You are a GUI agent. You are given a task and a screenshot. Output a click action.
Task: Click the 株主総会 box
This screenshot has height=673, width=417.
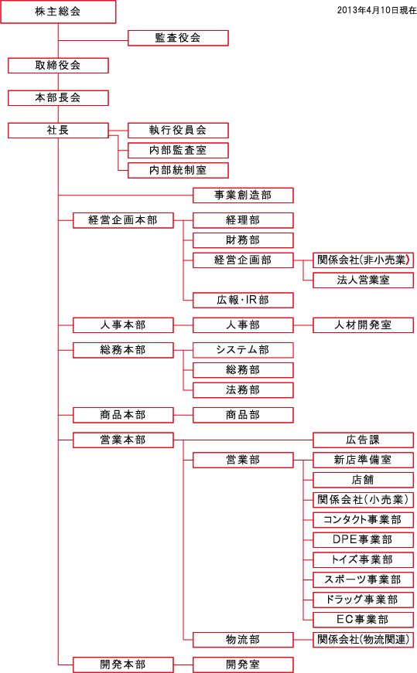coord(58,12)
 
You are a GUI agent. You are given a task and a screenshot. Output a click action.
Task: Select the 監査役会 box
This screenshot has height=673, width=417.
coord(178,38)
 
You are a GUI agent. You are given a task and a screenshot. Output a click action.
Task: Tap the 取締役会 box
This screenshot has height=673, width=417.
coord(58,65)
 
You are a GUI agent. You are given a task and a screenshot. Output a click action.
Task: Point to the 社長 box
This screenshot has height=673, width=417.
coord(58,130)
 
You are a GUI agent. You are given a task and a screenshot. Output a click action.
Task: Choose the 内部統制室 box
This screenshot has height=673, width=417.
coord(178,170)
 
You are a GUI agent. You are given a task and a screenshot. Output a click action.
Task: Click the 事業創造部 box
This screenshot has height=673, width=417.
coord(243,195)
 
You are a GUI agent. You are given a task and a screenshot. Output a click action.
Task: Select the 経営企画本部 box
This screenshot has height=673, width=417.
coord(123,220)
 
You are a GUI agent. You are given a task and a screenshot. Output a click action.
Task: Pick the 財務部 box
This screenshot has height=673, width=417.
coord(243,240)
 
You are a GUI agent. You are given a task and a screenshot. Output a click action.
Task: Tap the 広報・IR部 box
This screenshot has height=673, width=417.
coord(243,300)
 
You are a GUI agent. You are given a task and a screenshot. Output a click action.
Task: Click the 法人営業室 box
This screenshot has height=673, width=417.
coord(364,280)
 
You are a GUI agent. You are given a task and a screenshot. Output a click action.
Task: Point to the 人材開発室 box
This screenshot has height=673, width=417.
coord(364,325)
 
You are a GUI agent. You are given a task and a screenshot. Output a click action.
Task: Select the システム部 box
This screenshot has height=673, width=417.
coord(243,350)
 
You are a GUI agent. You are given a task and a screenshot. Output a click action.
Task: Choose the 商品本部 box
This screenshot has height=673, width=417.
coord(123,415)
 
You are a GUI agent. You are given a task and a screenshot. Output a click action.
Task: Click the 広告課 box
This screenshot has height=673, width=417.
coord(364,440)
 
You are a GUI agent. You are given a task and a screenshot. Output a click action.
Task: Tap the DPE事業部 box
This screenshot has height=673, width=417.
coord(364,539)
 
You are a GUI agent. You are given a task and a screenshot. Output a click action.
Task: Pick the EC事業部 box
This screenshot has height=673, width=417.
coord(364,620)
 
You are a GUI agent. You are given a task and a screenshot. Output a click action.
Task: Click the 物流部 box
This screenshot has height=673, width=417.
coord(243,640)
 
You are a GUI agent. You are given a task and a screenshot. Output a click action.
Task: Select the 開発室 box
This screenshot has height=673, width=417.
coord(243,665)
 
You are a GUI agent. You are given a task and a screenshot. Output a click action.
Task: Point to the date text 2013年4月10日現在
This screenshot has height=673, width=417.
coord(377,10)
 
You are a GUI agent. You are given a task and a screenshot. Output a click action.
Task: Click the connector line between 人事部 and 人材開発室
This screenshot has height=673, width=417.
coord(303,325)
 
